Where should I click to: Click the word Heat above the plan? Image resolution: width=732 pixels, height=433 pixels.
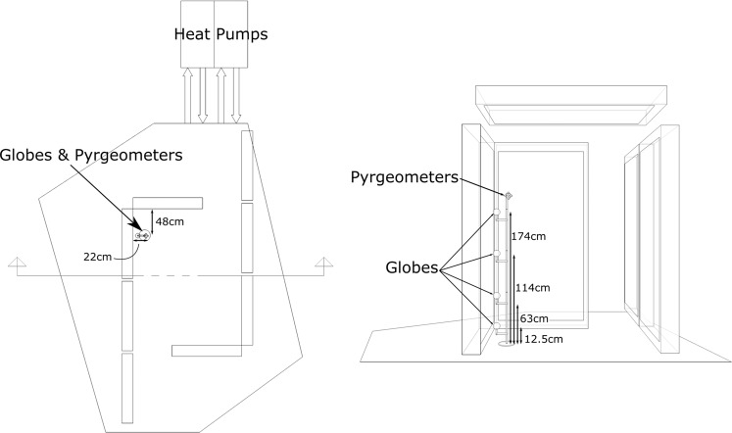click(193, 33)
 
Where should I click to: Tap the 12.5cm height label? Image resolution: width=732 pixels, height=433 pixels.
click(544, 339)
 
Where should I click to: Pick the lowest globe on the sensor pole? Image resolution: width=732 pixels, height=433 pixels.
click(497, 317)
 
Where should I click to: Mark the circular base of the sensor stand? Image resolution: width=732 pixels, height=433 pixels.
click(507, 343)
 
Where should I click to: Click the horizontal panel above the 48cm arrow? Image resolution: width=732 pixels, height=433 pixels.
click(168, 203)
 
